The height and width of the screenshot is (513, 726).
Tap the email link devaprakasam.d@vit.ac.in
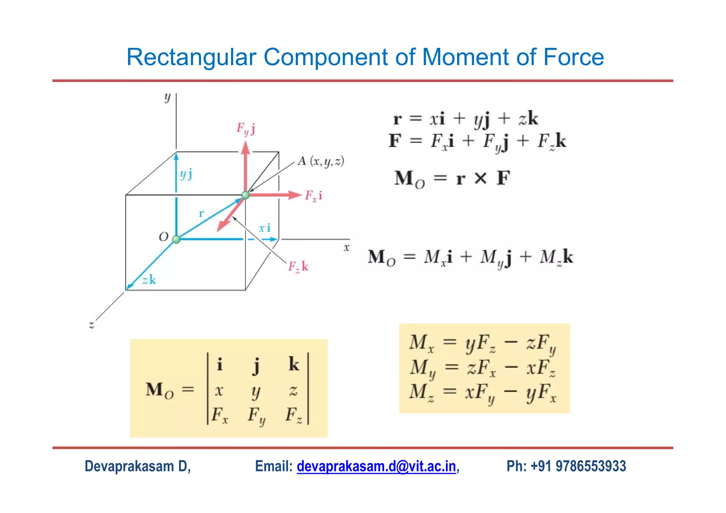pos(376,466)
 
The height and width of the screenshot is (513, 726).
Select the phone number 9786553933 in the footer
pos(591,466)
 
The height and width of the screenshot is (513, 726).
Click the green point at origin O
pos(176,239)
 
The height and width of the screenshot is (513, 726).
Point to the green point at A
pos(245,195)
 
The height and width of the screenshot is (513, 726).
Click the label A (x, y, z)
pos(321,162)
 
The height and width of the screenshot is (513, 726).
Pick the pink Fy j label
pos(246,129)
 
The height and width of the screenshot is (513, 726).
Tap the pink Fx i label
pos(314,196)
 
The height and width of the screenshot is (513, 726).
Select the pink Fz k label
pos(298,266)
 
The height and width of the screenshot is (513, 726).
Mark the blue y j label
pos(186,174)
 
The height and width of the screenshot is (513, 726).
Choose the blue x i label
pos(265,228)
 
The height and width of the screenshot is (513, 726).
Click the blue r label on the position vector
pos(201,213)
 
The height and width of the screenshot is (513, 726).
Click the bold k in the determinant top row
pos(294,364)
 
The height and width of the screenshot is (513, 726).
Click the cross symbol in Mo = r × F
pos(481,178)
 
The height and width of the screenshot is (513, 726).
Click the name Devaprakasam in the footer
pos(130,466)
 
